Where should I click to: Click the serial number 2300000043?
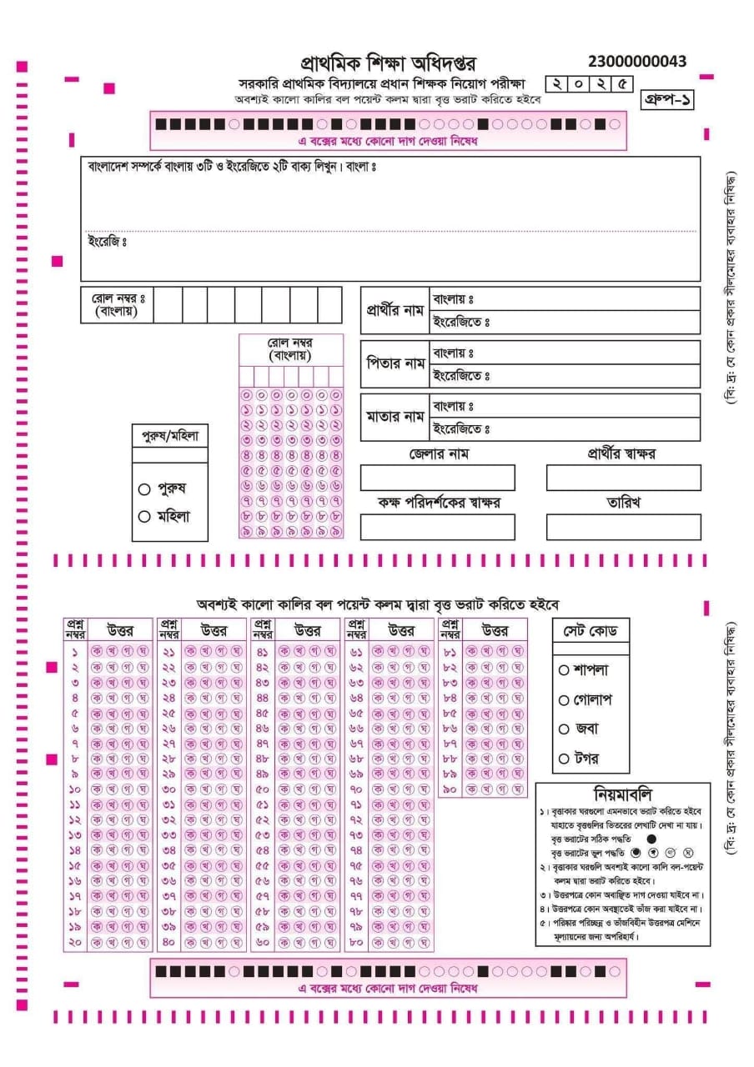coord(637,62)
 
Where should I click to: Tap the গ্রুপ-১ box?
coord(667,99)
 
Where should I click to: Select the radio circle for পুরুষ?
coord(144,489)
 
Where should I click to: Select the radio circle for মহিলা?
coord(144,516)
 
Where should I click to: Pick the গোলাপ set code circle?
coord(564,700)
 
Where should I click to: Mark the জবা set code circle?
coord(564,729)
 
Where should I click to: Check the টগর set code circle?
coord(564,759)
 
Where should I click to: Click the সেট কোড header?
coord(591,631)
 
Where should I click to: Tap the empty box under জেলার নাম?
coord(438,478)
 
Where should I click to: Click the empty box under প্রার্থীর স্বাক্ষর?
coord(623,478)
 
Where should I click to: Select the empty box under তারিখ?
coord(623,527)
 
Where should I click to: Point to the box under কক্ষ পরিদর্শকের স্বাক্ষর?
coord(438,527)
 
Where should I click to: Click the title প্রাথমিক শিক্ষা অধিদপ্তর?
coord(390,63)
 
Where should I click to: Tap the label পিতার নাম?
coord(395,364)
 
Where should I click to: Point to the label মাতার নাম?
coord(395,417)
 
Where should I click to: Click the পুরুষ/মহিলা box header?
coord(170,435)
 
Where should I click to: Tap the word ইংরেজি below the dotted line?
coord(106,242)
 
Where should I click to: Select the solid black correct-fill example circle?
coord(651,838)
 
